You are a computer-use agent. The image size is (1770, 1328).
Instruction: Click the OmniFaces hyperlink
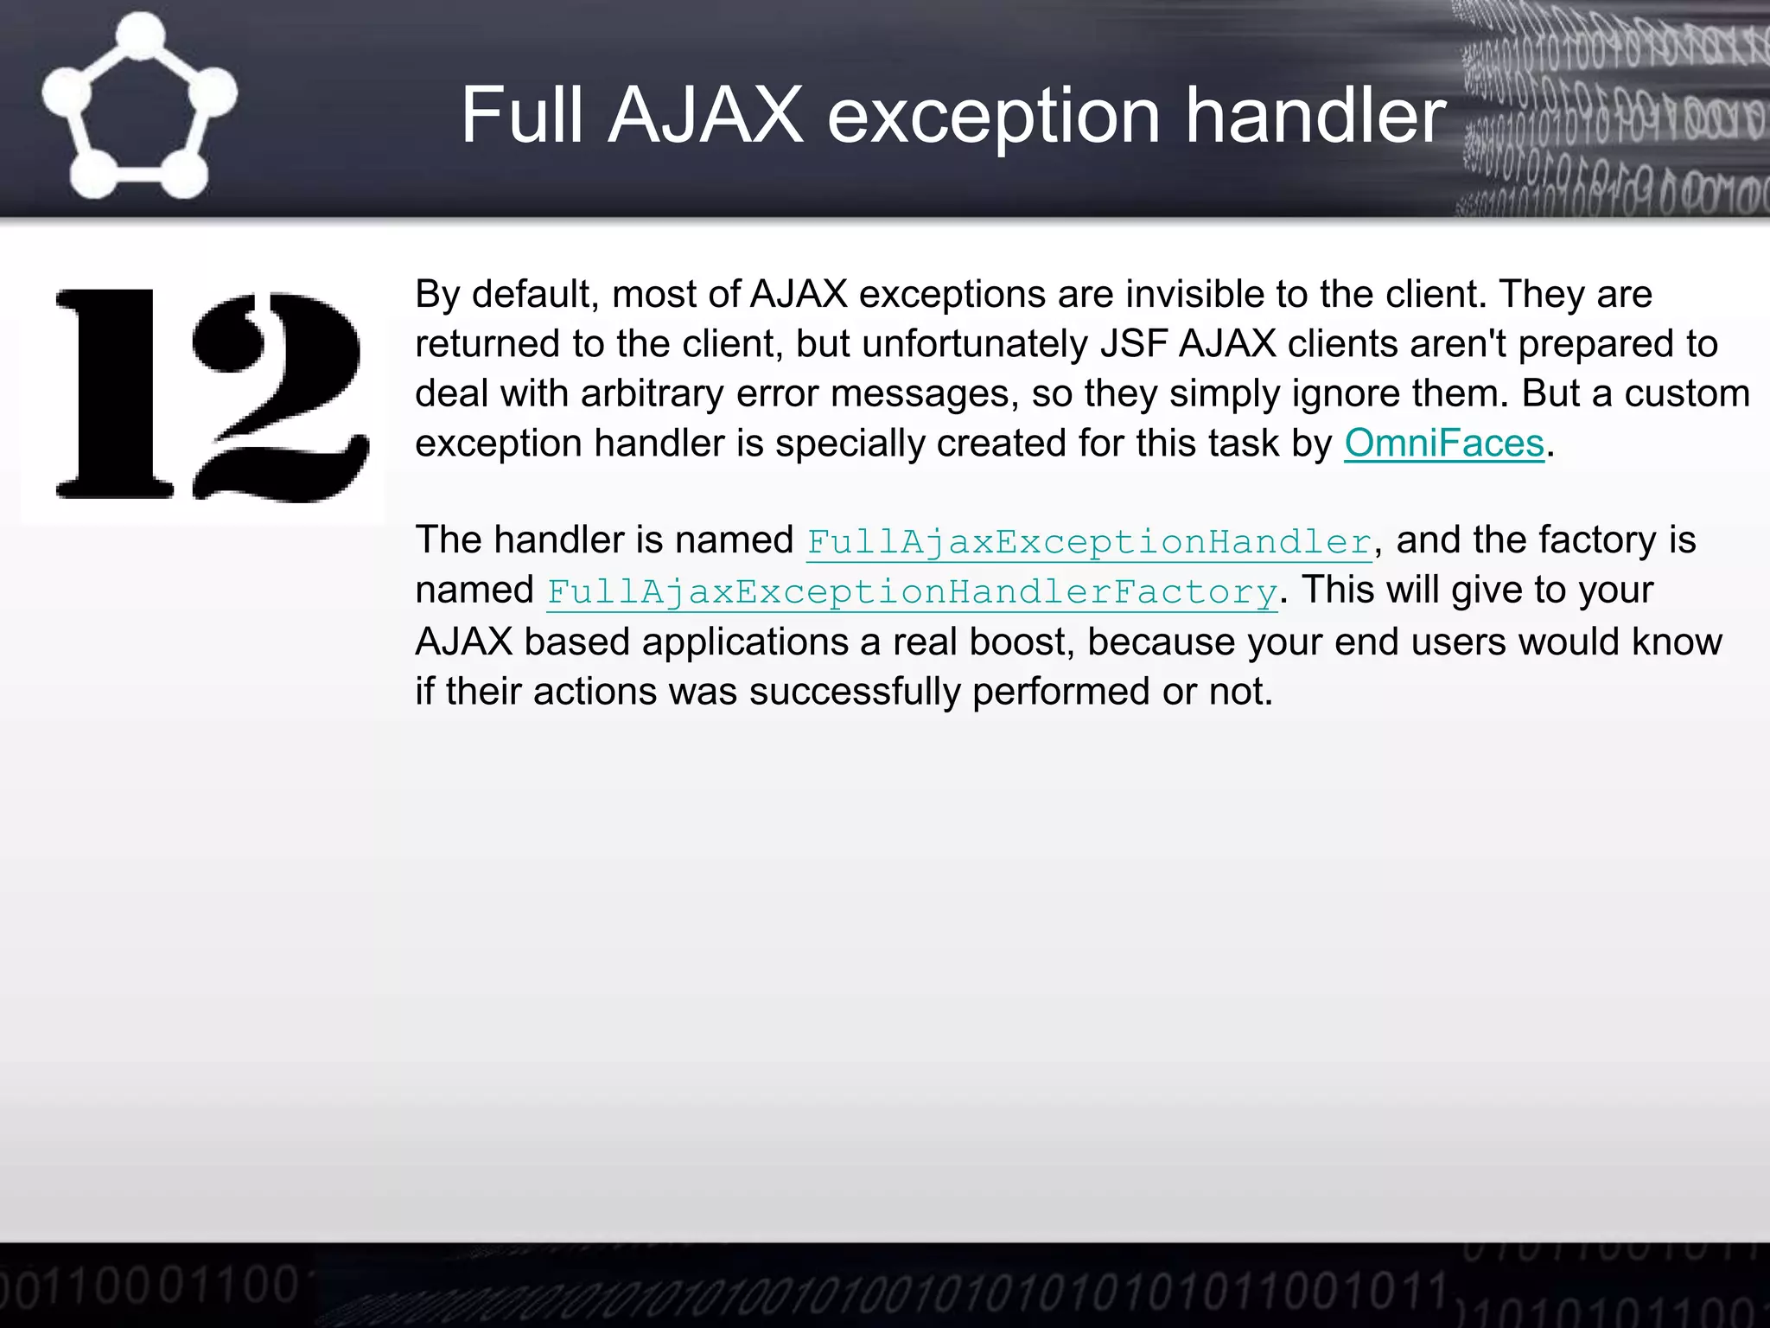click(1443, 444)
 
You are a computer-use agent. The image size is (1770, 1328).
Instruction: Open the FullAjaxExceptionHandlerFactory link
click(912, 592)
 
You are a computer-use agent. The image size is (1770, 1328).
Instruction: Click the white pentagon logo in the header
click(138, 108)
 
